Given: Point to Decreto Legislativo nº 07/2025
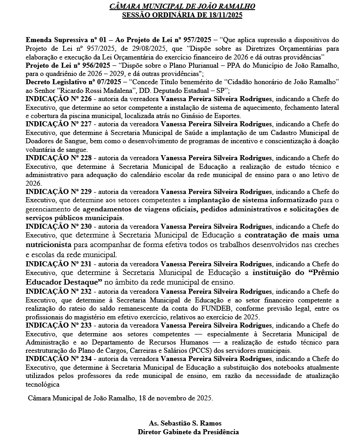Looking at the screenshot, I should point(73,81).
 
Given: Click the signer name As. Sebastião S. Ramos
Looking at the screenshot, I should point(188,423).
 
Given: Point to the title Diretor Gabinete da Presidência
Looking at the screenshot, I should point(188,431).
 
